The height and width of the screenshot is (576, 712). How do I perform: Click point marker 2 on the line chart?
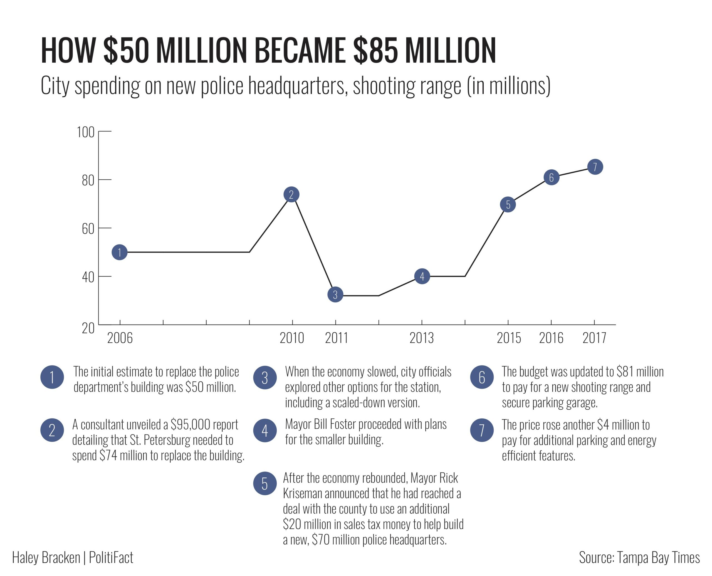coord(291,194)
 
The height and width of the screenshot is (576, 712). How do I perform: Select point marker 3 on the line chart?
coord(335,294)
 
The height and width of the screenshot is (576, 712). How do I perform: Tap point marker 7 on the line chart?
coord(595,167)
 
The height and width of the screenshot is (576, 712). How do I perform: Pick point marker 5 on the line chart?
coord(508,204)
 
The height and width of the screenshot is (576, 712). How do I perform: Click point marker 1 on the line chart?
coord(119,252)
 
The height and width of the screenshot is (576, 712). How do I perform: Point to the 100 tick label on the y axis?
coord(86,132)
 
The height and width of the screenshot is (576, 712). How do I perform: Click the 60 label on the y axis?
coord(88,229)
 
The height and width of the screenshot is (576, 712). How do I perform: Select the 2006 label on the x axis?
coord(120,338)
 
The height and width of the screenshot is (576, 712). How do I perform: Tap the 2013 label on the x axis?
coord(421,338)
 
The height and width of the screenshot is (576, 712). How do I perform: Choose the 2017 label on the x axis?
coord(594,338)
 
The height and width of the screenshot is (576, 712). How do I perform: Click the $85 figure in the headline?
coord(375,50)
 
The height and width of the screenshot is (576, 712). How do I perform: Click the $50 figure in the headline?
coord(126,50)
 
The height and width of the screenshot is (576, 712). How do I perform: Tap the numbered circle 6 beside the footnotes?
coord(482,377)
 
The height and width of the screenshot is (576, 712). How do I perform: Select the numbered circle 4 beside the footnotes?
coord(265,430)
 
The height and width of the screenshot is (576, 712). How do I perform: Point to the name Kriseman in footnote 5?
coord(303,493)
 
